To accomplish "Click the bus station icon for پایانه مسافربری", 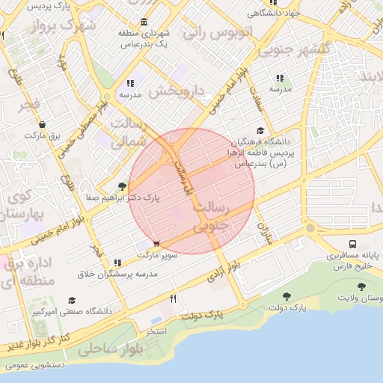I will tap(352, 245).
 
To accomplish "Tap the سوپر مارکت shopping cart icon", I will tap(156, 244).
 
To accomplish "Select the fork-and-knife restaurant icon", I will tap(174, 299).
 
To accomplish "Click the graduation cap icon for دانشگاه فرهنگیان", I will tap(260, 130).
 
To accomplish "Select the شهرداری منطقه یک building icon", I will tap(144, 22).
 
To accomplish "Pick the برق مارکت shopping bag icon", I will tap(41, 125).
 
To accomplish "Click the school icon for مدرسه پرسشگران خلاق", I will tap(117, 263).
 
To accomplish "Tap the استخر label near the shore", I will tap(156, 330).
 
